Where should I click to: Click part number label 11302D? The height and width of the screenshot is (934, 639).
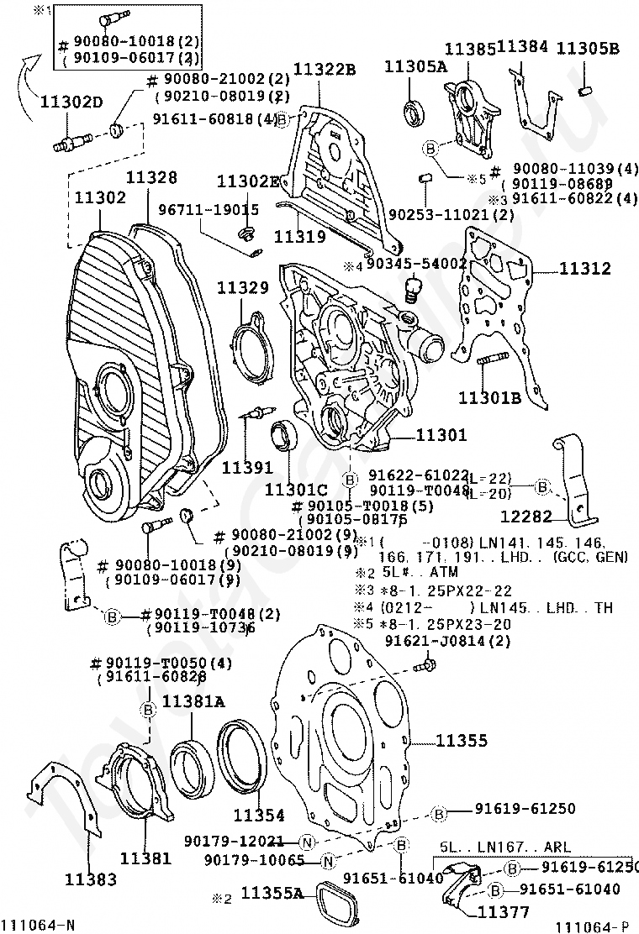click(x=71, y=103)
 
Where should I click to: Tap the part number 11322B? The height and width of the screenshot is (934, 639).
click(x=325, y=69)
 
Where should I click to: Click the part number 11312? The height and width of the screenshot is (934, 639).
click(x=585, y=270)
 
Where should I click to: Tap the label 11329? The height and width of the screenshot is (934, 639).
click(x=243, y=287)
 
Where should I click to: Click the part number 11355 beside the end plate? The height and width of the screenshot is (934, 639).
click(x=462, y=741)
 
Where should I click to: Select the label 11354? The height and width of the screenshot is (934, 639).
click(x=258, y=815)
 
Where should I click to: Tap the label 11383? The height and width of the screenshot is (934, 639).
click(x=90, y=879)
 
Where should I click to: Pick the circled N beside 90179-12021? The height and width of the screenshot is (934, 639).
click(x=308, y=841)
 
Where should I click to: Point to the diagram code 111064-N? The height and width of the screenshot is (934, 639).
click(x=38, y=925)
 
